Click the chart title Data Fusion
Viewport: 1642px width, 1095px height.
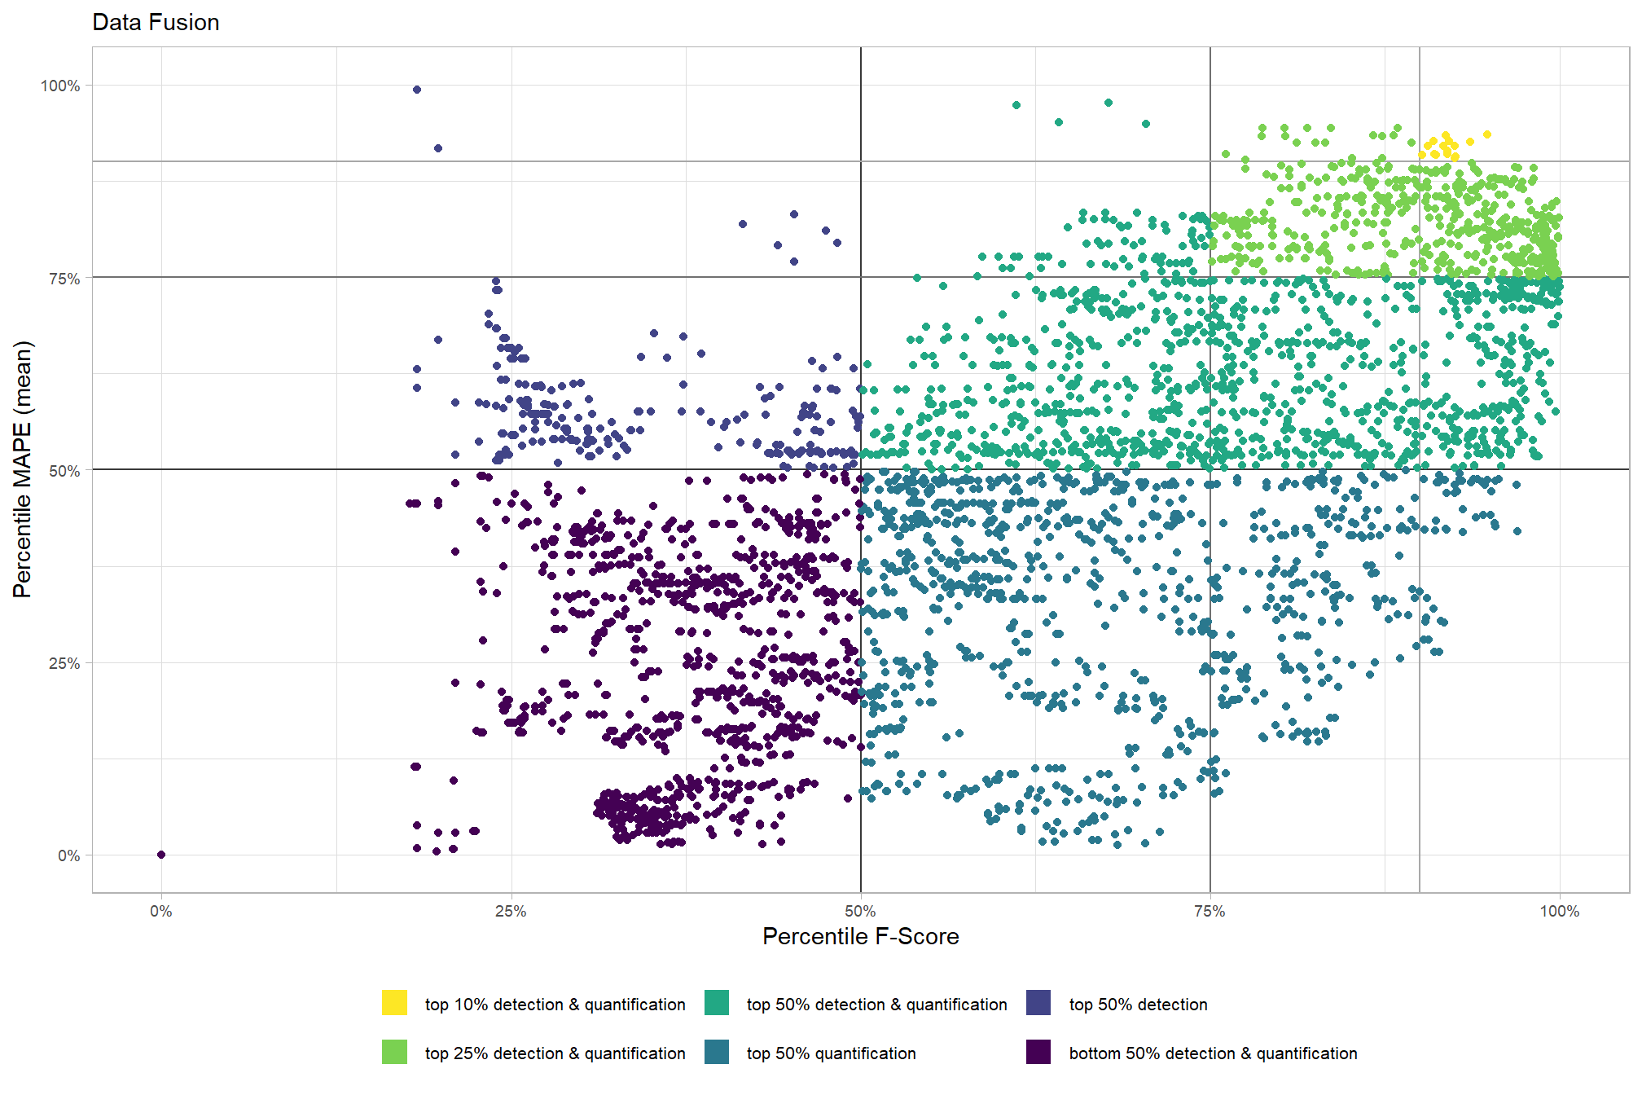(x=156, y=22)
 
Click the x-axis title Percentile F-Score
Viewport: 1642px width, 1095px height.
(x=860, y=937)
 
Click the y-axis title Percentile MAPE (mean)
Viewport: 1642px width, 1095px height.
(x=22, y=469)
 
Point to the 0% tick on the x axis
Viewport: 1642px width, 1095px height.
(x=161, y=912)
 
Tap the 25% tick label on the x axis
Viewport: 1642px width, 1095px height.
(x=511, y=912)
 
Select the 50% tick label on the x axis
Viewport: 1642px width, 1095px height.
(x=860, y=912)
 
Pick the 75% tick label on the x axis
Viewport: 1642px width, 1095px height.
(x=1210, y=912)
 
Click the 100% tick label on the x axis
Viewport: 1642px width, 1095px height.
(x=1559, y=912)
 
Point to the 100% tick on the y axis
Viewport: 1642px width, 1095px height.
(x=60, y=86)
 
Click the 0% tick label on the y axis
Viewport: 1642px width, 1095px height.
(x=68, y=855)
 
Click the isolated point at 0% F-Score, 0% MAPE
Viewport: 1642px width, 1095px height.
(x=161, y=855)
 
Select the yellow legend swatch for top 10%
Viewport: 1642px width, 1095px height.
(x=394, y=1003)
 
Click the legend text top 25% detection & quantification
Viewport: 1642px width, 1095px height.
(x=555, y=1053)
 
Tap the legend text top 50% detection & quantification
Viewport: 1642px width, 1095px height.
(x=876, y=1005)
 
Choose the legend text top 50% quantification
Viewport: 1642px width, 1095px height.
(x=831, y=1053)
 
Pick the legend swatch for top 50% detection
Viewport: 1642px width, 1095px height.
(x=1038, y=1003)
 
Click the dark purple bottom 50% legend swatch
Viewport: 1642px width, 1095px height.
(x=1038, y=1052)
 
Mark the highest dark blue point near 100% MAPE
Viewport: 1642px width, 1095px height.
(x=417, y=90)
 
